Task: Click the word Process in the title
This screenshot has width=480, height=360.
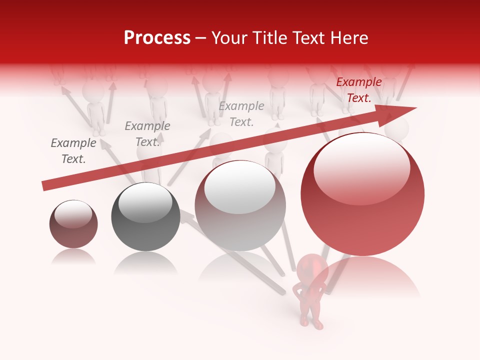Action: [157, 38]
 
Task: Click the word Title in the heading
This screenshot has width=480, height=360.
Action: [268, 38]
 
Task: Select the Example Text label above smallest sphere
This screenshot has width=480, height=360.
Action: [73, 151]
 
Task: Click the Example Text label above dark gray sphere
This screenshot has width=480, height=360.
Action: [147, 134]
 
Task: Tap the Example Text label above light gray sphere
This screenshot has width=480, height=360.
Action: [241, 113]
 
